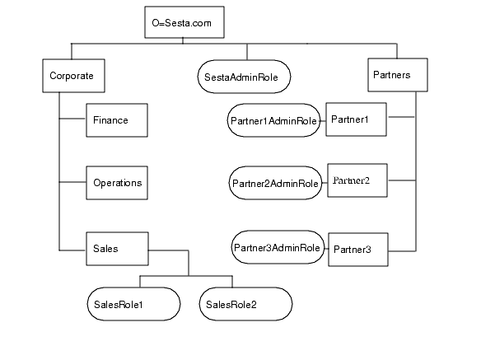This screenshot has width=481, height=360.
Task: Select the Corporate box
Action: [72, 75]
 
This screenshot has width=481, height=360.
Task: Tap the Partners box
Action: [397, 75]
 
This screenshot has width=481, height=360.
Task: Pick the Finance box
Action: [116, 120]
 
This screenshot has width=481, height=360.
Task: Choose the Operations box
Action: [116, 183]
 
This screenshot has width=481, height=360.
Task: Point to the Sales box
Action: [116, 248]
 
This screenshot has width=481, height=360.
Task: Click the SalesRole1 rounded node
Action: [133, 304]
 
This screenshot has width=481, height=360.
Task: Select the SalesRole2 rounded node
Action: [245, 304]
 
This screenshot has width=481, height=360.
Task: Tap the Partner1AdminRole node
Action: [273, 120]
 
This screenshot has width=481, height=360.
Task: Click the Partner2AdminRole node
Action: [274, 183]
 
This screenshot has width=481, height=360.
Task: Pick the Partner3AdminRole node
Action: [277, 247]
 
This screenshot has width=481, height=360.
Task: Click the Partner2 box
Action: [357, 180]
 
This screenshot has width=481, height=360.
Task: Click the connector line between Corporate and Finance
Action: [72, 120]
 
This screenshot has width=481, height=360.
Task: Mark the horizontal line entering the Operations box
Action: [72, 183]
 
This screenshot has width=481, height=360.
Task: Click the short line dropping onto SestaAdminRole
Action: [243, 51]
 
